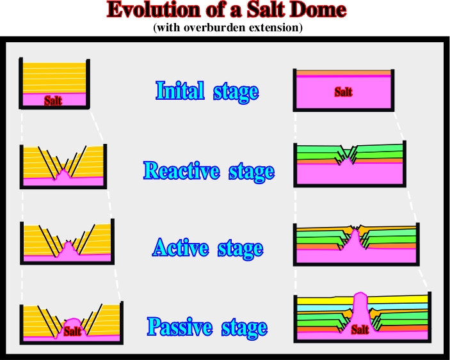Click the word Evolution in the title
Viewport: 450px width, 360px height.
[153, 10]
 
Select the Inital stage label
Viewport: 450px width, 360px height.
[207, 91]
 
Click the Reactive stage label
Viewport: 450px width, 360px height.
[209, 171]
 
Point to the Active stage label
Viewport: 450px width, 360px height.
[208, 248]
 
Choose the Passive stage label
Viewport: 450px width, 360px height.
[207, 327]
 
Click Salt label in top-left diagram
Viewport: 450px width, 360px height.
[53, 100]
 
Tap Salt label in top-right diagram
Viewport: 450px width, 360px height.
[343, 92]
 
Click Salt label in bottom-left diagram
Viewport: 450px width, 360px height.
[72, 332]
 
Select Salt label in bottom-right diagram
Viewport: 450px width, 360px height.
[360, 329]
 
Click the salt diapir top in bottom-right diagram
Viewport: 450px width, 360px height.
[360, 294]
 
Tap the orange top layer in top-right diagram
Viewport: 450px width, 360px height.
[344, 73]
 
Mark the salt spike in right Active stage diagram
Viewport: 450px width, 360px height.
[355, 239]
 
